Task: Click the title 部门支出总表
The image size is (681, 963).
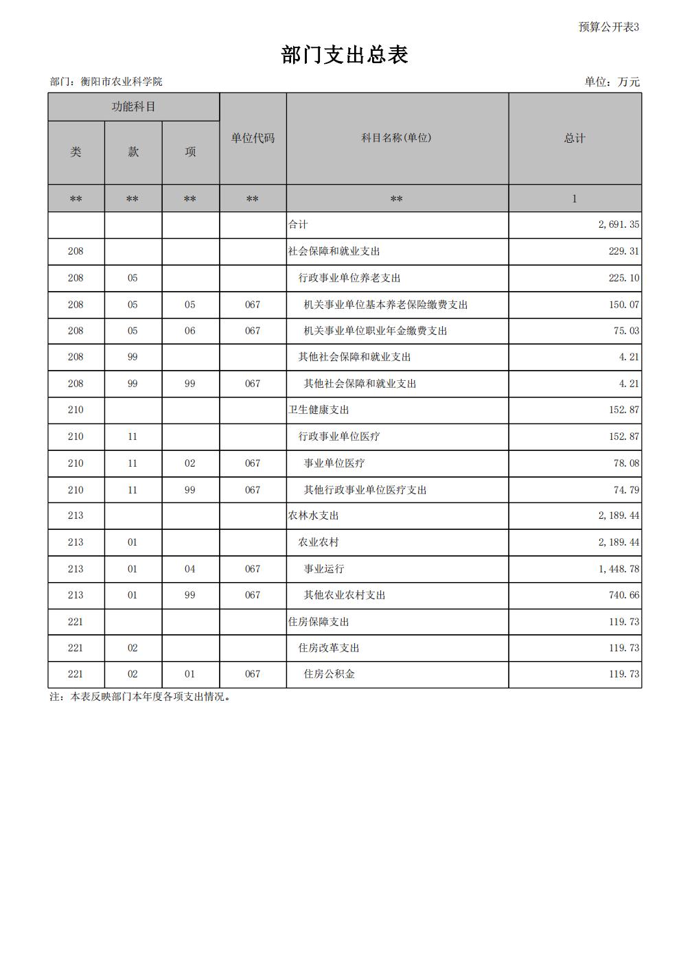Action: tap(345, 55)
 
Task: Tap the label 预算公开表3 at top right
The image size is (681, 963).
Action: tap(608, 27)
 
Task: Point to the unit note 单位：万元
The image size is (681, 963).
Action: tap(612, 82)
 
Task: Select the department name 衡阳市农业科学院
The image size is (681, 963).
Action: tap(122, 82)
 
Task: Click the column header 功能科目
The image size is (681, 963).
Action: tap(133, 107)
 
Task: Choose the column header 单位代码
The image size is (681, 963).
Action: tap(253, 138)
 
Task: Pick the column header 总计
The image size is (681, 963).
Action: tap(575, 138)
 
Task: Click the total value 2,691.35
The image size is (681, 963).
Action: tap(619, 224)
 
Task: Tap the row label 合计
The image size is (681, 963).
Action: tap(298, 224)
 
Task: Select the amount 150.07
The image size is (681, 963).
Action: tap(623, 305)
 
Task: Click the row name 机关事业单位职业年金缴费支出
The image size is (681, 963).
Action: tap(376, 331)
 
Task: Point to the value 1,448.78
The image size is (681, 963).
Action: tap(619, 569)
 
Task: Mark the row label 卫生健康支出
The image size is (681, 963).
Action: tap(319, 410)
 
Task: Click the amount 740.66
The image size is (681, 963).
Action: tap(623, 595)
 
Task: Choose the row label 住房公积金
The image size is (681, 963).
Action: tap(330, 674)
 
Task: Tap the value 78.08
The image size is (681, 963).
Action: tap(626, 463)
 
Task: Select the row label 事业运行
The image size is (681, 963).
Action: tap(324, 569)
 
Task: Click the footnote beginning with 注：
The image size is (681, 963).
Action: tap(140, 697)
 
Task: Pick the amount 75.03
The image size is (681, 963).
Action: tap(626, 331)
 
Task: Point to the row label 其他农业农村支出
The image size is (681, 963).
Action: tap(345, 595)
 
